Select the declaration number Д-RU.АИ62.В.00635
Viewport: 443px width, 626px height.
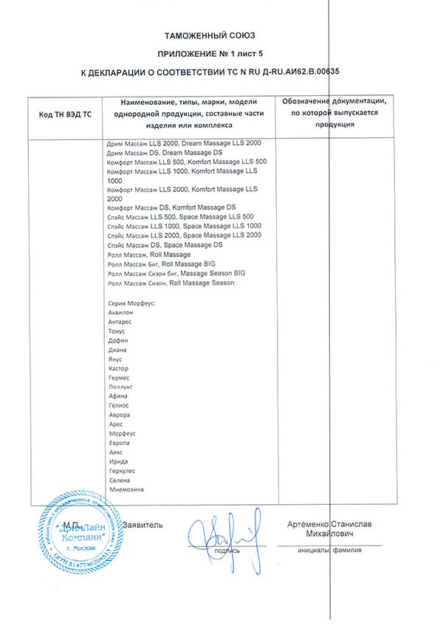[303, 73]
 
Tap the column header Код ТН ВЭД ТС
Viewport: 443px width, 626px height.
[65, 114]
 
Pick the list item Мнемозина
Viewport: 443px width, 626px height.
[126, 489]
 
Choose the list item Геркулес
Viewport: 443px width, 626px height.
[123, 470]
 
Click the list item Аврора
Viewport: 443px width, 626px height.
[119, 415]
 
